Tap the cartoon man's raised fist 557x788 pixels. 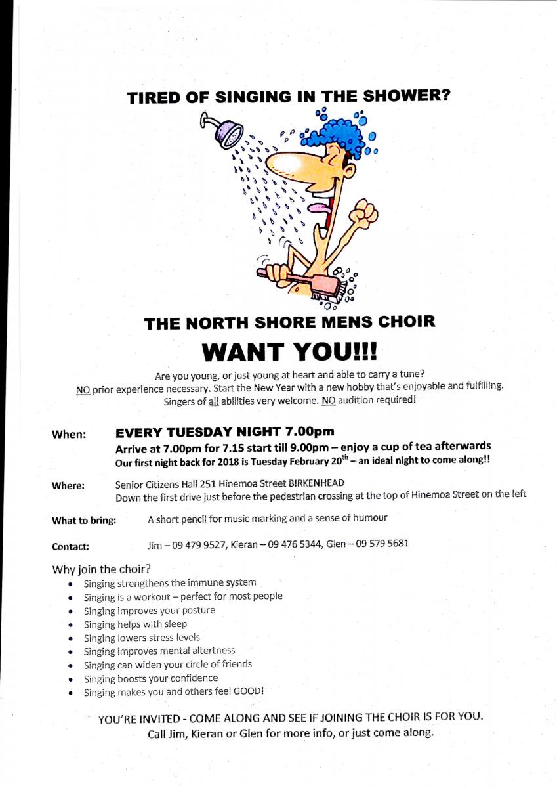click(363, 214)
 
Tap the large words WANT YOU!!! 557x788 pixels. click(289, 351)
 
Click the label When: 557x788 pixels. click(69, 434)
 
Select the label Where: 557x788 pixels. click(68, 486)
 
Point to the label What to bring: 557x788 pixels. click(84, 521)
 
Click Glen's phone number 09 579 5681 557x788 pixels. click(380, 544)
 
